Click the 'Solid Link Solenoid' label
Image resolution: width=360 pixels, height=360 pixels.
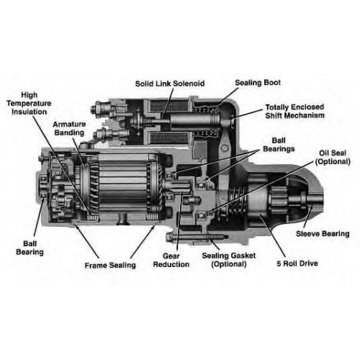[x=170, y=84]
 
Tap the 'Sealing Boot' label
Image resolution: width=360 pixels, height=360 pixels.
[x=258, y=83]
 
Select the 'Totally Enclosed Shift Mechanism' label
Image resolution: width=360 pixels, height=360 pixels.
[x=294, y=111]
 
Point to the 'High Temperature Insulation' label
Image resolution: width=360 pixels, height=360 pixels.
[x=29, y=104]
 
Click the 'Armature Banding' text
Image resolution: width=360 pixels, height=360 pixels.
[x=69, y=128]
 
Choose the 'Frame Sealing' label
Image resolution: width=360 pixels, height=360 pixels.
[x=110, y=266]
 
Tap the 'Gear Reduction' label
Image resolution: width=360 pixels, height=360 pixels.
[x=171, y=260]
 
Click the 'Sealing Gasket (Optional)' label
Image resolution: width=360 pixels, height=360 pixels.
[x=229, y=260]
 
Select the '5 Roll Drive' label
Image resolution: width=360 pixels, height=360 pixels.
[x=297, y=264]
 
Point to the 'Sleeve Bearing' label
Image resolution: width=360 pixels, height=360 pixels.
[x=323, y=234]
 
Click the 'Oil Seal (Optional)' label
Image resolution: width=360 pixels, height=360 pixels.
[x=333, y=158]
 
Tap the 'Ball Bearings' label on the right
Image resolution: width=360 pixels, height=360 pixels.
[x=279, y=145]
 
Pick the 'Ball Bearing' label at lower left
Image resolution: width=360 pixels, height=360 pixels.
[x=30, y=248]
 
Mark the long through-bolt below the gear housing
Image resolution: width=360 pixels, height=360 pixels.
[x=197, y=238]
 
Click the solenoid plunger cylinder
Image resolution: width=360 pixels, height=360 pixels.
[x=195, y=122]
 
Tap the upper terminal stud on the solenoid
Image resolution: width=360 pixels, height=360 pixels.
[x=102, y=109]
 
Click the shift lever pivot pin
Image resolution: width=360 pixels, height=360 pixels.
[x=224, y=148]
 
